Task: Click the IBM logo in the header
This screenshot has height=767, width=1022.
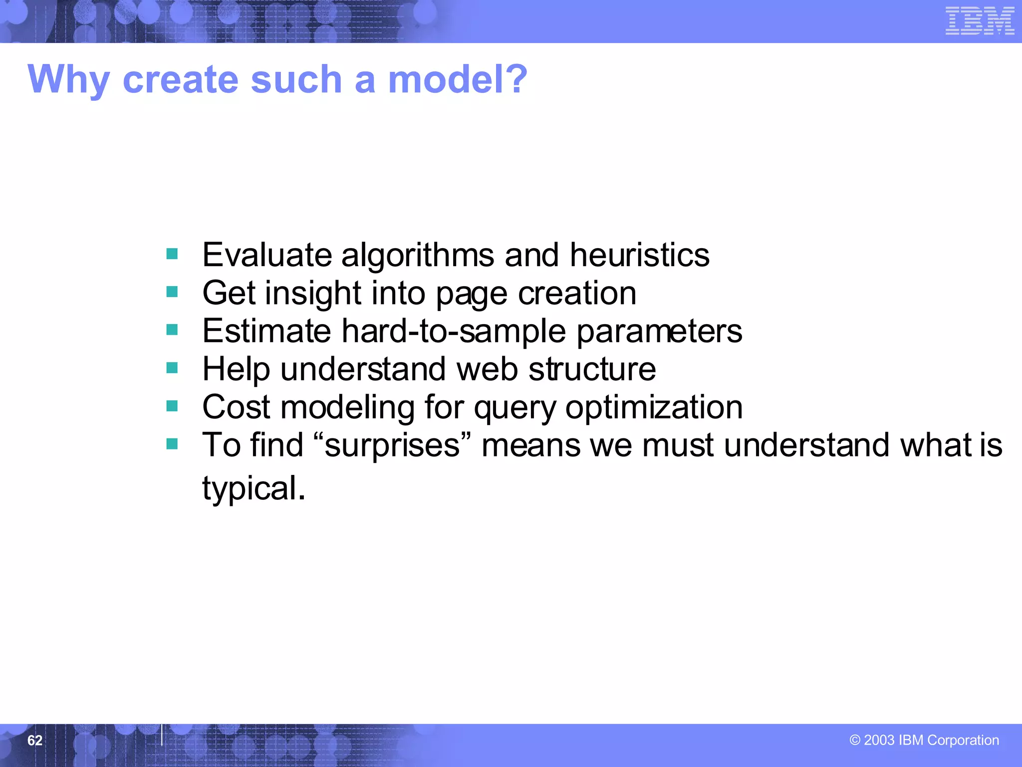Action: coord(980,21)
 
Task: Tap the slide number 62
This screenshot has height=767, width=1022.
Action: coord(35,740)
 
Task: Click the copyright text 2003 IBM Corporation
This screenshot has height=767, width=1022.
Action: coord(924,740)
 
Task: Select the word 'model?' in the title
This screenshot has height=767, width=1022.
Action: coord(458,79)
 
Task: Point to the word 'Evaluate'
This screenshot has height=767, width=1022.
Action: coord(267,255)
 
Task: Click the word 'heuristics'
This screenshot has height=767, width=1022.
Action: coord(639,255)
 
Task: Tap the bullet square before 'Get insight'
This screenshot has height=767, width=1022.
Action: coord(172,292)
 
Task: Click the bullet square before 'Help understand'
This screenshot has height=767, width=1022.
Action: coord(172,368)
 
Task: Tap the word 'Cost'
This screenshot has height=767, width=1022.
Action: coord(236,407)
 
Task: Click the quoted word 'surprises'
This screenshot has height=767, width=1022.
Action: coord(392,445)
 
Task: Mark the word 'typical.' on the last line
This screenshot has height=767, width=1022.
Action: coord(254,489)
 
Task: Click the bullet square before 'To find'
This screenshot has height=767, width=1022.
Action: coord(172,444)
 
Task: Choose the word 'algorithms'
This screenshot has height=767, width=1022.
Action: coord(417,256)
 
